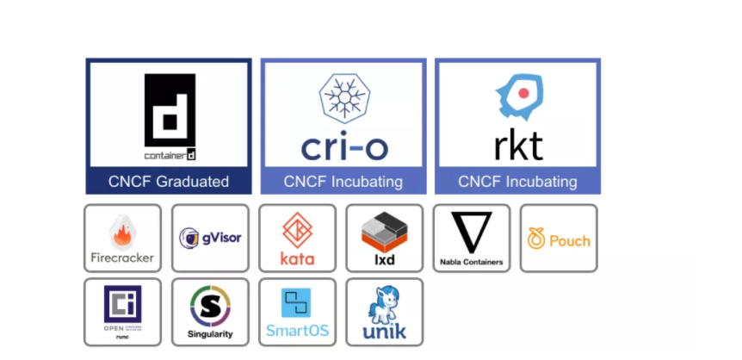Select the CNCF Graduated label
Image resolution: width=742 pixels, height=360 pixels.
click(169, 182)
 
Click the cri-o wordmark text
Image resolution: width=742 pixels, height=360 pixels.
click(343, 146)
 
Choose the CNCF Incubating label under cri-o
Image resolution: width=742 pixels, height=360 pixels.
click(343, 182)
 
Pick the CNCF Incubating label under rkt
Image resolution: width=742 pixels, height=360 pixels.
click(517, 182)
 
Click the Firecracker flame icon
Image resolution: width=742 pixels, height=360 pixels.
click(121, 231)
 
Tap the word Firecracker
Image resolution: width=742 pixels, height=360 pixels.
click(122, 257)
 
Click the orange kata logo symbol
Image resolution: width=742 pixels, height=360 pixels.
click(298, 229)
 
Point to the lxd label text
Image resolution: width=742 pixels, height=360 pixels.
click(384, 258)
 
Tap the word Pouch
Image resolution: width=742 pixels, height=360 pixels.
click(570, 240)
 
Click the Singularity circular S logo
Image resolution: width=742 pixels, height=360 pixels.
click(210, 306)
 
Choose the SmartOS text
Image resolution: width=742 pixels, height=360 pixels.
click(297, 331)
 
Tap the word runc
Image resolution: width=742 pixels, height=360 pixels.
click(122, 338)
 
